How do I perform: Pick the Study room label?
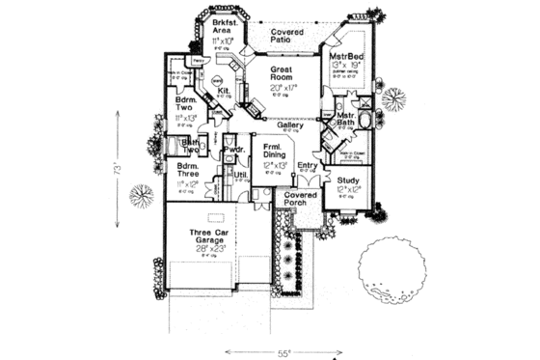click(348, 180)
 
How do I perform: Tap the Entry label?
click(307, 166)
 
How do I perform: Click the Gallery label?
click(290, 125)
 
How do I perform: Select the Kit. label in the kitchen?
click(222, 93)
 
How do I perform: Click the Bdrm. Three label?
click(187, 171)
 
